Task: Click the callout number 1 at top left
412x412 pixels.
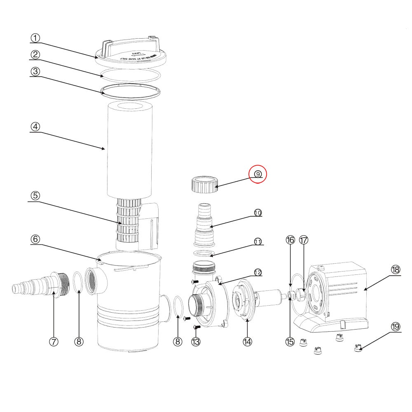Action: tap(35, 38)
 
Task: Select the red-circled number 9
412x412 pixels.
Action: tap(257, 174)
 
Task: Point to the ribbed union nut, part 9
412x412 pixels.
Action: tap(204, 184)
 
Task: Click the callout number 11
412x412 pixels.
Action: tap(258, 242)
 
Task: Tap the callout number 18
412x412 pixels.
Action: tap(395, 269)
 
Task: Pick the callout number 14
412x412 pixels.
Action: tap(247, 342)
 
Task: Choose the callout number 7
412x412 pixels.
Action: tap(54, 342)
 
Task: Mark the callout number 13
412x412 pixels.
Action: tap(196, 342)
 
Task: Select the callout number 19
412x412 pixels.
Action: tap(395, 327)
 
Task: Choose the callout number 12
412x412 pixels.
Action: tap(258, 272)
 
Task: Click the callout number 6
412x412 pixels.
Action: tap(35, 239)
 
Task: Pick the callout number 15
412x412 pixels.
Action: tap(290, 342)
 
